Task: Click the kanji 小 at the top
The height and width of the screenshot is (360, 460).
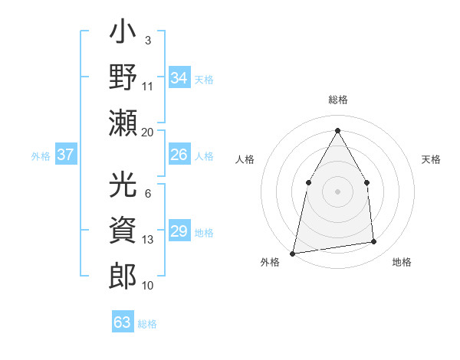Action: [123, 34]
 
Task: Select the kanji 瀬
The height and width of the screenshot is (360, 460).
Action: [123, 123]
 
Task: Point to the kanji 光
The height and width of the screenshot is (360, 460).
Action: [123, 185]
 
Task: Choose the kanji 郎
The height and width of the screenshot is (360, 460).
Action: [123, 276]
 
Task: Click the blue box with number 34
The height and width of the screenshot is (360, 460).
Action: [179, 78]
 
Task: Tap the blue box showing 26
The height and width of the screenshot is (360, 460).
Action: [179, 155]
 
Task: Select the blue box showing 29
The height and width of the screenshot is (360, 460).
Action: [179, 232]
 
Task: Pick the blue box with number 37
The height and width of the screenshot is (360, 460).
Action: [66, 155]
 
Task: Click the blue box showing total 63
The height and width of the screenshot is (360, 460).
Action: [123, 322]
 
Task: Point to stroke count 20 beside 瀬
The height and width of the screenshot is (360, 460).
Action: [148, 133]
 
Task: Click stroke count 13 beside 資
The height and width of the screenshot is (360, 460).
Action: [148, 240]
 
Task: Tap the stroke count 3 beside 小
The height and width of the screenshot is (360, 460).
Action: [147, 40]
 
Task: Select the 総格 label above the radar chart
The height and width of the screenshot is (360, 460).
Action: [337, 100]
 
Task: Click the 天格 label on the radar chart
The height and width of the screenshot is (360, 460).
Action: [432, 159]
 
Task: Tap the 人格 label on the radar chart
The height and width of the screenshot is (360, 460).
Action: [245, 159]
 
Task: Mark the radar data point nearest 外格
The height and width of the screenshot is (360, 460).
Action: [293, 253]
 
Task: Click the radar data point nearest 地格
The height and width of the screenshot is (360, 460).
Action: [374, 242]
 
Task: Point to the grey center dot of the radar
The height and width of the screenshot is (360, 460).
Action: [337, 191]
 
